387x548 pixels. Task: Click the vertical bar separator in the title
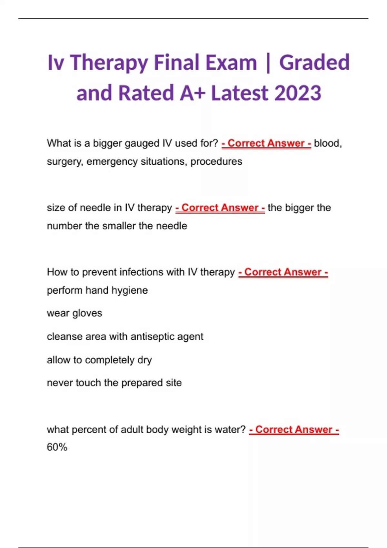[x=268, y=63]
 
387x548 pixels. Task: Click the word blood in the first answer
[x=326, y=143]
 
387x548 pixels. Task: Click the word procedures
[x=216, y=161]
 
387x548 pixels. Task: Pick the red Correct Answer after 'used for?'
[x=266, y=143]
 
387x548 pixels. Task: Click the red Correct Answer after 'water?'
[x=294, y=430]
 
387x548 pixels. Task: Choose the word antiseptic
[x=151, y=337]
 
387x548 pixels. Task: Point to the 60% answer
[x=57, y=447]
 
